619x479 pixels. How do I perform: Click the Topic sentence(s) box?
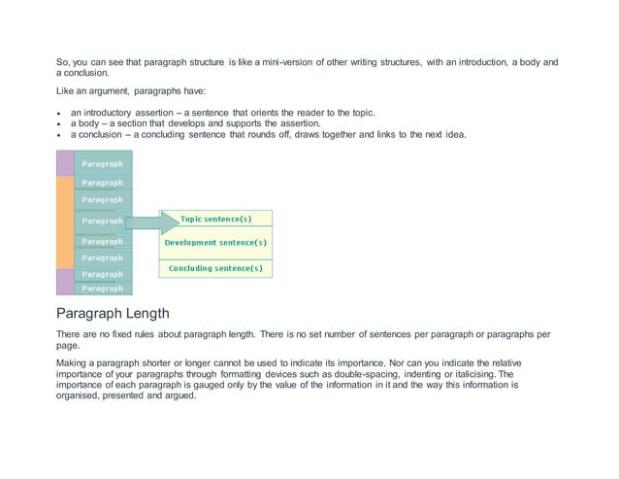[x=215, y=220]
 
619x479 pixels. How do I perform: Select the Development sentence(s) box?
[x=215, y=243]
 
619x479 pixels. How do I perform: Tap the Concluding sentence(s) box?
[x=215, y=267]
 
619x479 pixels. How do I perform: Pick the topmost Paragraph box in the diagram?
[x=103, y=164]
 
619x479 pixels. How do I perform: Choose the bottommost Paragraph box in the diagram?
[x=103, y=289]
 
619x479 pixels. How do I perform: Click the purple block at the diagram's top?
[x=65, y=162]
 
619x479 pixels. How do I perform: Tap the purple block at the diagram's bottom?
[x=65, y=282]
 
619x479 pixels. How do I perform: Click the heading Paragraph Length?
[x=113, y=314]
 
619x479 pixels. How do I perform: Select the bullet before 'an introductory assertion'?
[x=59, y=114]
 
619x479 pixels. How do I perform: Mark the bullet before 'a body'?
[x=59, y=124]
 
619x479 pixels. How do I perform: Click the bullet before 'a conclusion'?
[x=59, y=135]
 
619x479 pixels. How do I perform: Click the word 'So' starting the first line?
[x=62, y=62]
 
